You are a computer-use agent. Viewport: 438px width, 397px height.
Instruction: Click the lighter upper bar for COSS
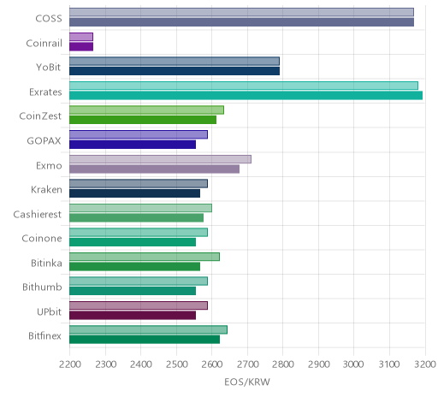pos(241,12)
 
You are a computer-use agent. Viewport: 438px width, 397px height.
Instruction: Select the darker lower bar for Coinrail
pos(81,47)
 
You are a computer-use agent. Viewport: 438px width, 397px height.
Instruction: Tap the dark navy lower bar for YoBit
pos(175,71)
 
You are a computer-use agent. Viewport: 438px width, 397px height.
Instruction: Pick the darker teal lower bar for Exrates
pos(246,96)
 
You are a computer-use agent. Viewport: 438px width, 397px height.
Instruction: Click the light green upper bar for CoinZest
pos(146,110)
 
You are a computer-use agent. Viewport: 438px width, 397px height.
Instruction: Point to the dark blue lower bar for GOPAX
pos(133,145)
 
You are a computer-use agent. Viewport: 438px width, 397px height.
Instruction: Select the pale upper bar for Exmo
pos(160,159)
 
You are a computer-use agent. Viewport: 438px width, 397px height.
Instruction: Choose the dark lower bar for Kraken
pos(134,193)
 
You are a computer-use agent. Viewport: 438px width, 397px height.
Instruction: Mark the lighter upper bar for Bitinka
pos(145,257)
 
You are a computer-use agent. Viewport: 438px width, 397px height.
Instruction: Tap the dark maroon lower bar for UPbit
pos(133,316)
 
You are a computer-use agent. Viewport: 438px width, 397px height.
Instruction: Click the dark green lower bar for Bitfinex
pos(145,340)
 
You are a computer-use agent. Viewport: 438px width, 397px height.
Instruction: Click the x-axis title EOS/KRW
pos(247,382)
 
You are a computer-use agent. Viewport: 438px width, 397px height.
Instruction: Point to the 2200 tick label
pos(70,364)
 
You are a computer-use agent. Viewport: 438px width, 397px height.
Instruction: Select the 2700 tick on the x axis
pos(247,364)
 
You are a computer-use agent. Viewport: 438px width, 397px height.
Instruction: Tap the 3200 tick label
pos(425,364)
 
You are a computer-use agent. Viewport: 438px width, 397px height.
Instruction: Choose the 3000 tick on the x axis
pos(353,364)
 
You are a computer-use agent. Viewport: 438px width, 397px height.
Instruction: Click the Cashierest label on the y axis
pos(38,214)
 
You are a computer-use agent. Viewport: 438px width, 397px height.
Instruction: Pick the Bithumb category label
pos(42,287)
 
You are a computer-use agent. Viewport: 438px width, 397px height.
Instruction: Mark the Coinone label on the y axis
pos(42,239)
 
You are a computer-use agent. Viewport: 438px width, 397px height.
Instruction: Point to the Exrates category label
pos(45,92)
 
